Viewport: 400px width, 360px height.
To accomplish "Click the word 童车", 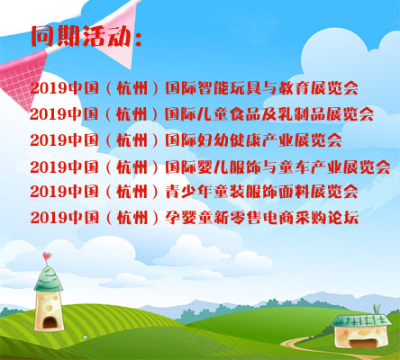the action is [295, 166].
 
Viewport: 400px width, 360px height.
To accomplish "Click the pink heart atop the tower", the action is [46, 256].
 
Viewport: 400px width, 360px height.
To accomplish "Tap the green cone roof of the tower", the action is [48, 278].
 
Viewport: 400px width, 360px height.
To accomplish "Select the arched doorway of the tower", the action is [50, 322].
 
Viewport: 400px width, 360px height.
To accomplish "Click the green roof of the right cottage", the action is [361, 320].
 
